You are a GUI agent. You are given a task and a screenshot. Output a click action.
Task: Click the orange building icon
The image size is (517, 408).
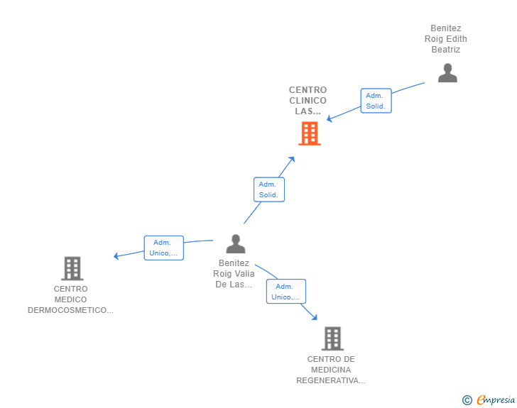[x=310, y=133]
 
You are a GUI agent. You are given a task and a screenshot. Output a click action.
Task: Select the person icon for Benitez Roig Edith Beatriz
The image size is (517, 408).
[x=447, y=73]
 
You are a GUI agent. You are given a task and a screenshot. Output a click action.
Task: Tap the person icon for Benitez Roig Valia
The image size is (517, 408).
[x=236, y=244]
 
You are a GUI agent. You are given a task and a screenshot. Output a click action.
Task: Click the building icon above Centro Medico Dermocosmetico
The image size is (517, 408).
[x=72, y=268]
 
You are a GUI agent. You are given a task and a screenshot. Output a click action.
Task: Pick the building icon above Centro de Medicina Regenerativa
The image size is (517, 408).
[x=332, y=338]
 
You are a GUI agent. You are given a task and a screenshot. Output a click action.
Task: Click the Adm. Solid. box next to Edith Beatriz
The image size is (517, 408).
[x=376, y=101]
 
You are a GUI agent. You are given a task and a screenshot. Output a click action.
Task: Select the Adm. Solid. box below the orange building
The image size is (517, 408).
[x=269, y=189]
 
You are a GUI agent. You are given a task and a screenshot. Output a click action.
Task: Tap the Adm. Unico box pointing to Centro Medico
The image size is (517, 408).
[x=164, y=248]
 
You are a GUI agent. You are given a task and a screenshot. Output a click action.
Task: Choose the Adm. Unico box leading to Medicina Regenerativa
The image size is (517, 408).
[x=286, y=292]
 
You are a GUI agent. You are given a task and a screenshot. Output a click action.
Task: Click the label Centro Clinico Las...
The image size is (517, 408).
[x=308, y=101]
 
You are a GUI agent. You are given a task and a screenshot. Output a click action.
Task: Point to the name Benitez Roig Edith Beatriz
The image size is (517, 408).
[x=446, y=39]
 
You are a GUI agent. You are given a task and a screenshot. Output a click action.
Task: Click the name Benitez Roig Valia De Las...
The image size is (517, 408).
[x=234, y=274]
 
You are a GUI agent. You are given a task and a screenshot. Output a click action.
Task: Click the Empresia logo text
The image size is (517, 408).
[x=496, y=399]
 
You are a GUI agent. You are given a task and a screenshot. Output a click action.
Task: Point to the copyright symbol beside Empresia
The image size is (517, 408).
[x=467, y=400]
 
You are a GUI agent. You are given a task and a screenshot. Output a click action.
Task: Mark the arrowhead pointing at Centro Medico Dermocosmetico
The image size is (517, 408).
[x=116, y=256]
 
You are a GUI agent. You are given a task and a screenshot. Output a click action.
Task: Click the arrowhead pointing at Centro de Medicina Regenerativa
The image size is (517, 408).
[x=315, y=317]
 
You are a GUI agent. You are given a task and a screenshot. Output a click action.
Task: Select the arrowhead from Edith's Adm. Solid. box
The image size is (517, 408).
[x=329, y=118]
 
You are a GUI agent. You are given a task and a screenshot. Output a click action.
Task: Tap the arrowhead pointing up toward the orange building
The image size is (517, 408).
[x=292, y=160]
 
